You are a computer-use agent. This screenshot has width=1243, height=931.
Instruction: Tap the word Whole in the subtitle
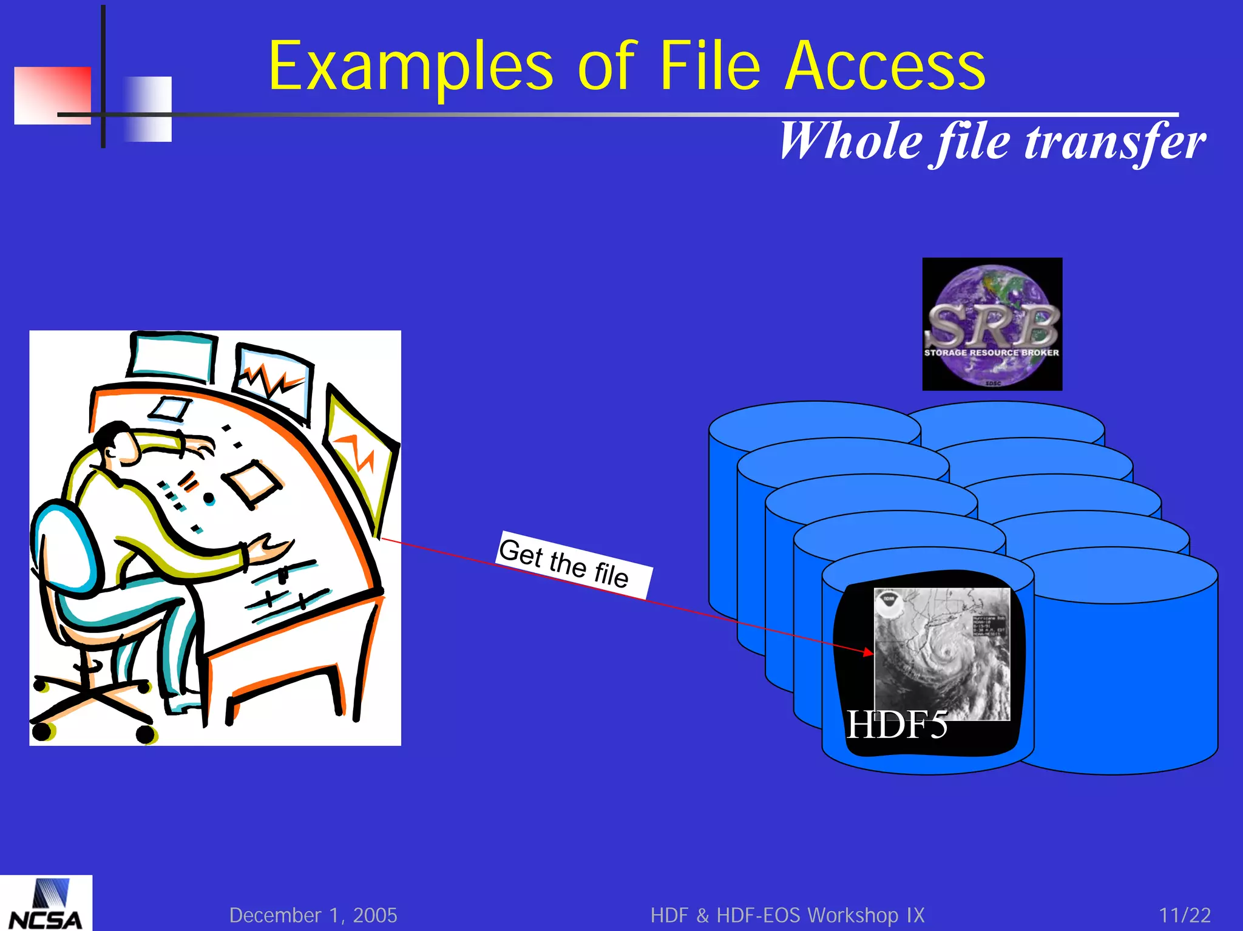coord(850,142)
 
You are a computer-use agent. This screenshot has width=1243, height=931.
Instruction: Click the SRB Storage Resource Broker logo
coord(992,324)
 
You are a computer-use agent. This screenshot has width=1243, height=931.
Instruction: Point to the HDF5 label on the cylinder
coord(896,725)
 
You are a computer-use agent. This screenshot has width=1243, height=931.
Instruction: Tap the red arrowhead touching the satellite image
coord(869,652)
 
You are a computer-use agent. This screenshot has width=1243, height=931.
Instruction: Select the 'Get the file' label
coord(574,564)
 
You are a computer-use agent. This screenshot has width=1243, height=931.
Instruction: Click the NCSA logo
coord(46,904)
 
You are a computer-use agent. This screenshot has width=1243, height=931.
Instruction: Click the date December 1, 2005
coord(313,915)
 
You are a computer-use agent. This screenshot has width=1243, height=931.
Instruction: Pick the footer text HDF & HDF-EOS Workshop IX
coord(787,915)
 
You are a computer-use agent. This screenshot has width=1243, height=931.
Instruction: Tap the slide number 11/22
coord(1184,915)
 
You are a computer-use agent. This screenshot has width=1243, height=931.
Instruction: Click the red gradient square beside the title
coord(52,95)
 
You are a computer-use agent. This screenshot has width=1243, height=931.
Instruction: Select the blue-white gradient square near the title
coord(147,109)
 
